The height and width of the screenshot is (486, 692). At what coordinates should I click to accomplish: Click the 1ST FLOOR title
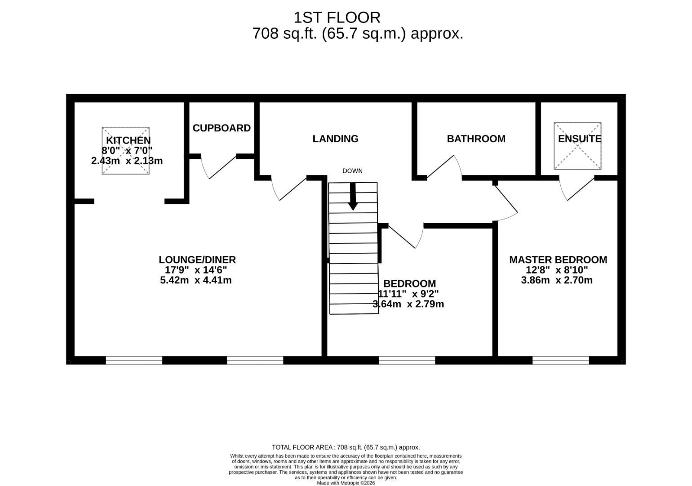337,18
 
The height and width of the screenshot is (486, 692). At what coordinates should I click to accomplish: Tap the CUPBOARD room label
222,128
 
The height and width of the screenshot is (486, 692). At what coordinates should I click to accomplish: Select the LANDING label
335,139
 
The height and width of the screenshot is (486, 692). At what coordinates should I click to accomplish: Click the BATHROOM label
476,139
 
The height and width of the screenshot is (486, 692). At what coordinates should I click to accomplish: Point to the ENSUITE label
579,139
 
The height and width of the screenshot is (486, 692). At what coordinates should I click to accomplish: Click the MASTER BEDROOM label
558,260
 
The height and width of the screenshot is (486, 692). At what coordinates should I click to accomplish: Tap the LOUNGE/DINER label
197,260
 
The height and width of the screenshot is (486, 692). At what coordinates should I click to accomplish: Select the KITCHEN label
128,140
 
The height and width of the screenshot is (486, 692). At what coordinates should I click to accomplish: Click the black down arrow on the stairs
353,197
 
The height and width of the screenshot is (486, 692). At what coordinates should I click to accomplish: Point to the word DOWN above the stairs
352,171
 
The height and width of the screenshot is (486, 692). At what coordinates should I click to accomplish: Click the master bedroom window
560,360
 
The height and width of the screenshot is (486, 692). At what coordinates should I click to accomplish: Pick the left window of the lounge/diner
134,360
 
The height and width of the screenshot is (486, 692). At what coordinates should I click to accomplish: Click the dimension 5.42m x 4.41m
196,280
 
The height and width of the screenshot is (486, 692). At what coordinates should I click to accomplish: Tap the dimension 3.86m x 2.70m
557,280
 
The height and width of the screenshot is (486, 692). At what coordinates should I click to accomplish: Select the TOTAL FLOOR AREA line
346,447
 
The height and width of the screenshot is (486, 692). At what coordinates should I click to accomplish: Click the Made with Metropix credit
346,483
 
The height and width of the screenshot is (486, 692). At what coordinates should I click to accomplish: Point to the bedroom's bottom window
407,360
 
